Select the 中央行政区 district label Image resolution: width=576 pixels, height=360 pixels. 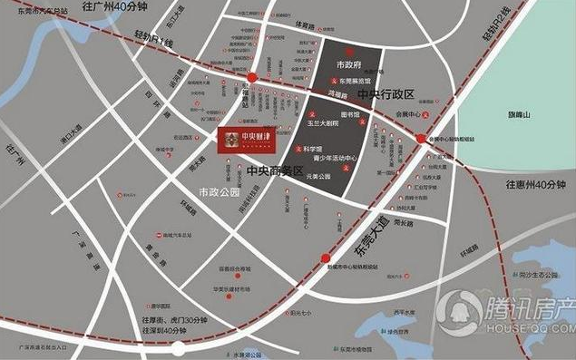click(x=385, y=94)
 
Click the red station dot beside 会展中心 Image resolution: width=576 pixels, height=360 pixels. click(x=423, y=137)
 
